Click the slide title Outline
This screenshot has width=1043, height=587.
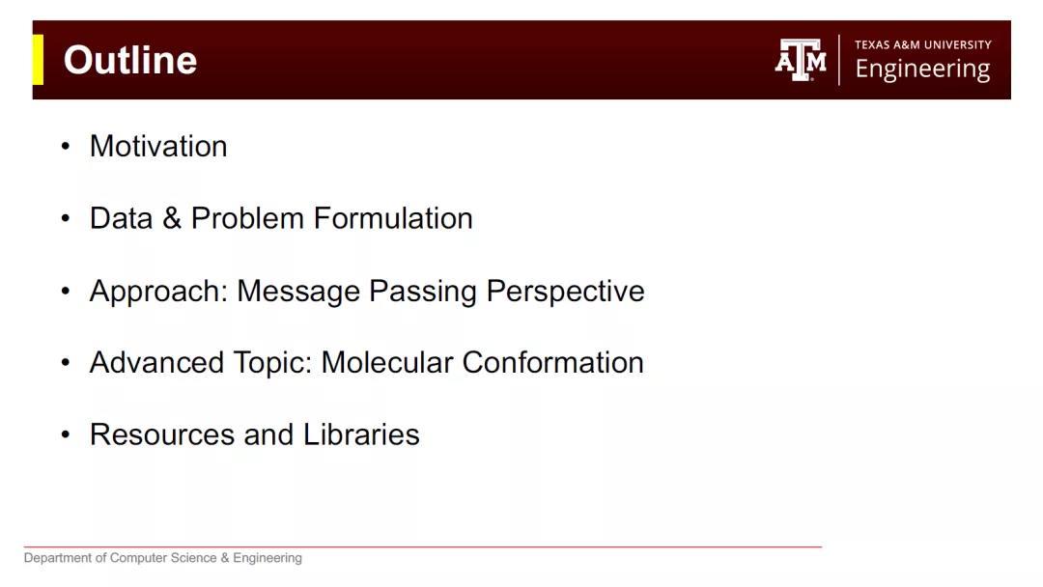click(130, 60)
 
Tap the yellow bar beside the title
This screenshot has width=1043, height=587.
click(38, 60)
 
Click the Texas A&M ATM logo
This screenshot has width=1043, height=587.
click(801, 60)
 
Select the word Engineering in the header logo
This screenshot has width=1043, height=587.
click(922, 70)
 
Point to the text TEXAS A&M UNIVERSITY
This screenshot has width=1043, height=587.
click(923, 44)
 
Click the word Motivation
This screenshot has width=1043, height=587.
click(158, 146)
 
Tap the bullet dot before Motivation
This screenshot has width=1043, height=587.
click(66, 146)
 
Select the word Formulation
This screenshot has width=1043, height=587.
click(393, 218)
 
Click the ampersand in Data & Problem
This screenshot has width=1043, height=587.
click(172, 218)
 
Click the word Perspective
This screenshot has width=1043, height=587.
click(565, 292)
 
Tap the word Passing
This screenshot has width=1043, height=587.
click(423, 292)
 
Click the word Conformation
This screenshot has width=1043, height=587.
click(552, 362)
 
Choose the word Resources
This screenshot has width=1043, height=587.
click(162, 434)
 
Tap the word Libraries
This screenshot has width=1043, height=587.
click(361, 434)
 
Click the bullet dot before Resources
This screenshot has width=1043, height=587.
click(66, 434)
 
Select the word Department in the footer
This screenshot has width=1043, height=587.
click(58, 558)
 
